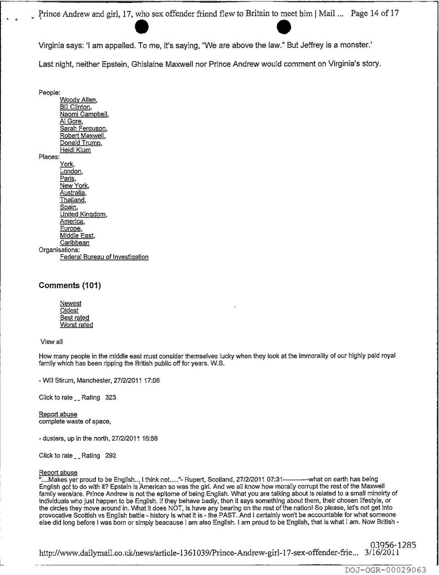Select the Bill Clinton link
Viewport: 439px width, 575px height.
pos(75,107)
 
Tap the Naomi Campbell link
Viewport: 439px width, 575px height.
pos(84,114)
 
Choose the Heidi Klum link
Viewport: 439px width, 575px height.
pos(75,150)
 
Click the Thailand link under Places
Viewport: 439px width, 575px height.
pos(72,200)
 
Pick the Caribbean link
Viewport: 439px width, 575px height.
pos(75,243)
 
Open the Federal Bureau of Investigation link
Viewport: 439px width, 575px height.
pos(104,257)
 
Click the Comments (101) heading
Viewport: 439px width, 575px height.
pos(70,286)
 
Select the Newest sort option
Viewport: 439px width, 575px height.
pos(71,303)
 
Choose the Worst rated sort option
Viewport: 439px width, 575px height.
pos(76,325)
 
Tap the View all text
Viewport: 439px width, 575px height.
pos(51,342)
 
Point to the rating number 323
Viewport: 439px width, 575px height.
pos(111,398)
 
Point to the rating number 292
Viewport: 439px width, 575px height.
pos(111,456)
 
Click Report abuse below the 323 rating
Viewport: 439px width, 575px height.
pos(58,414)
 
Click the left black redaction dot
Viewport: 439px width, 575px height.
pos(142,28)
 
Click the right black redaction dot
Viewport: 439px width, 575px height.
pos(284,28)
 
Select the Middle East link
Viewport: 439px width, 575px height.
pos(77,235)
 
